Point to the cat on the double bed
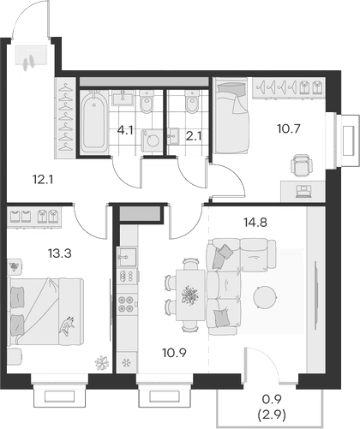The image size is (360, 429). (65, 324)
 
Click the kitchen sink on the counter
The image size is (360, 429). (128, 256)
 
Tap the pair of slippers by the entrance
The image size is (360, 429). (33, 61)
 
